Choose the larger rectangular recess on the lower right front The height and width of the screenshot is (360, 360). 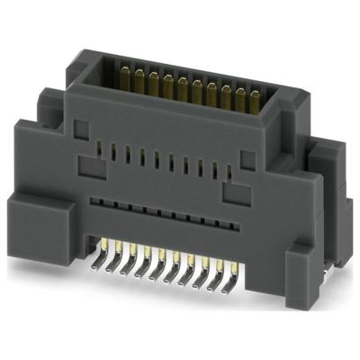pos(233,191)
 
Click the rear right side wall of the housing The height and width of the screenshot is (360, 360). pos(315,180)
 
